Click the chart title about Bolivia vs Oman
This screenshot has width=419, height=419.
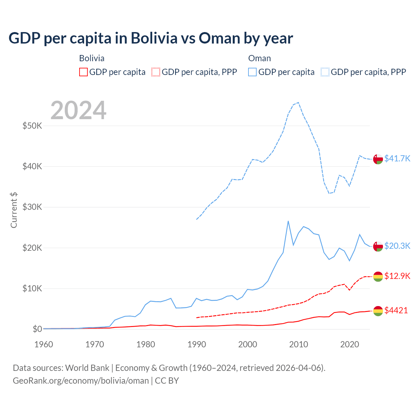pos(151,38)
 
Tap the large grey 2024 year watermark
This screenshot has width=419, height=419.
pos(79,110)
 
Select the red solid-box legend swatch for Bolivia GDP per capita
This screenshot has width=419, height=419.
pos(83,72)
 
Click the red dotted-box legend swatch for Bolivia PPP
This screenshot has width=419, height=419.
pos(156,72)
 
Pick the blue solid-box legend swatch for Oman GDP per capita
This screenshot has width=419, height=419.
pos(252,72)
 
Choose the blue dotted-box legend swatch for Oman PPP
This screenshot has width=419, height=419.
pos(325,72)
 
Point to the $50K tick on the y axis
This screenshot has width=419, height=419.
pos(32,126)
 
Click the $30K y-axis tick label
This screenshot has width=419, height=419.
pos(32,207)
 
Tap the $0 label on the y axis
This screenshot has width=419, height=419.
pos(37,329)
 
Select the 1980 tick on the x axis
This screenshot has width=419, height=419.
pos(146,344)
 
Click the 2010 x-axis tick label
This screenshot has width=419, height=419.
pos(299,344)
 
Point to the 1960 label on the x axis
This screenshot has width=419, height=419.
pos(44,344)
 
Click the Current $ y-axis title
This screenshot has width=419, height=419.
pos(14,210)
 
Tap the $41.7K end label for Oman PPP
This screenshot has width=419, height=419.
pos(397,158)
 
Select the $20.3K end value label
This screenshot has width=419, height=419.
pos(397,246)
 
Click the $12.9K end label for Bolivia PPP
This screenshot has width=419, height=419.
pos(397,276)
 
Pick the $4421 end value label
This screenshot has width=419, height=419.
pos(396,310)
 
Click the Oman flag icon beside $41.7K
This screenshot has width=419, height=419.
pos(378,159)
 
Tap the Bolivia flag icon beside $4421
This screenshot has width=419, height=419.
pos(378,311)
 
